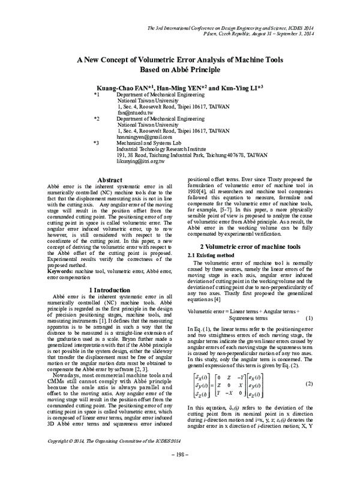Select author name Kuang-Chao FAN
125,88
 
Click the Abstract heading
110,180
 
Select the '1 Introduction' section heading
110,290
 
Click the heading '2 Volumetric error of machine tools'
250,247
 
